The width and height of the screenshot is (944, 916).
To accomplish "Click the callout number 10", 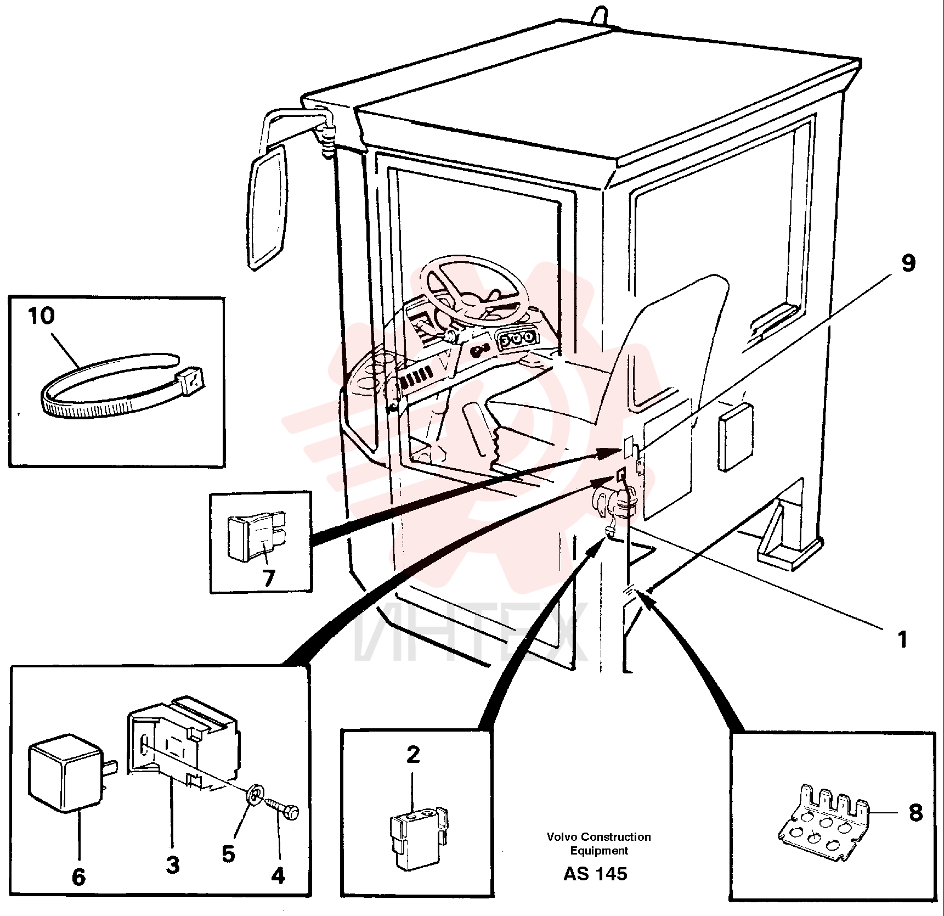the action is [x=42, y=316].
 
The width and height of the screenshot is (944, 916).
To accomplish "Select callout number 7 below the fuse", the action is [x=268, y=578].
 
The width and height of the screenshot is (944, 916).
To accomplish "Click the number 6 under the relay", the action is [x=79, y=876].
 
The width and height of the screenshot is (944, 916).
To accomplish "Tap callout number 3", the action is [x=173, y=866].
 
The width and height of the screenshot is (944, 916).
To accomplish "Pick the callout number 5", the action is [x=229, y=854].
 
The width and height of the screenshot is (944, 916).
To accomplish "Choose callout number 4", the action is [x=279, y=875].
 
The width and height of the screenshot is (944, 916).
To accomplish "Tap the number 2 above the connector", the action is [x=413, y=755].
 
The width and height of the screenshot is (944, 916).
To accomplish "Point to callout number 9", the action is [x=908, y=263].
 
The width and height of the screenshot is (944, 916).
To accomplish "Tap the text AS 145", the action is [x=595, y=873].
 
